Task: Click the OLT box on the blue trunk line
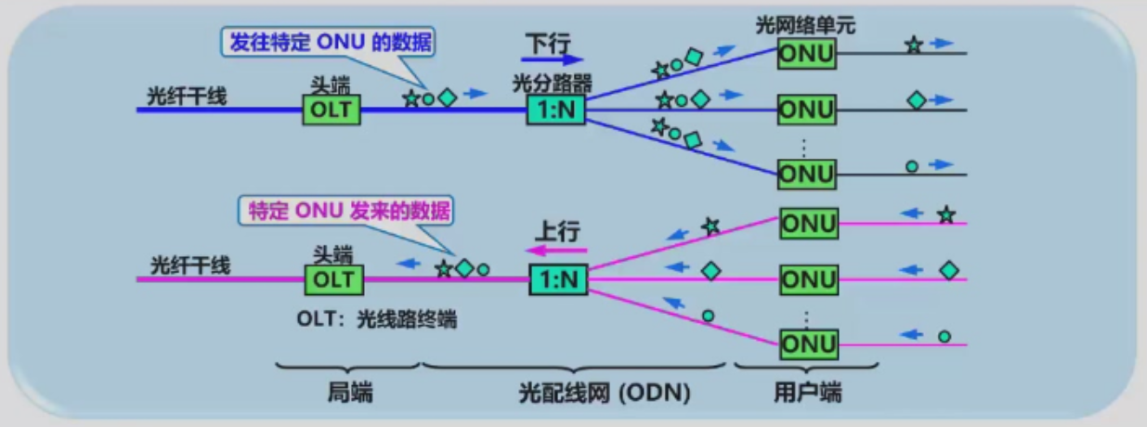pos(332,110)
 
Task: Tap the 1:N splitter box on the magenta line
pos(558,279)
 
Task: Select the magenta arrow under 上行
pos(560,249)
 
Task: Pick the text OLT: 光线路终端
pos(377,319)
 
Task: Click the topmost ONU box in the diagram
pos(807,56)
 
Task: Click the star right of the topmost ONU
pos(914,45)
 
